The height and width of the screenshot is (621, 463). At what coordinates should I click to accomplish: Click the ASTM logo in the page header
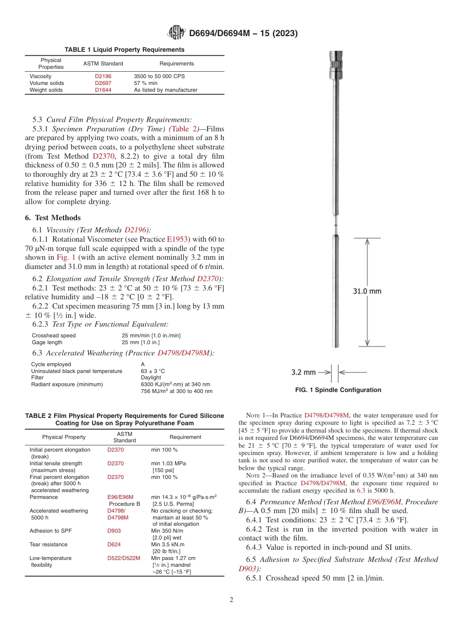tap(176, 33)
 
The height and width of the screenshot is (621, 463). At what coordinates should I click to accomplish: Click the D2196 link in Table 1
tap(103, 76)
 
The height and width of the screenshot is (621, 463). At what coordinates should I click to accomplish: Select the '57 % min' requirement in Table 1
tap(146, 83)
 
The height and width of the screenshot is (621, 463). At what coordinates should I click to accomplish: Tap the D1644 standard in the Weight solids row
tap(103, 90)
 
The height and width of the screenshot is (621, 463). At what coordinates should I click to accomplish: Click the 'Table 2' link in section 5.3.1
tap(185, 129)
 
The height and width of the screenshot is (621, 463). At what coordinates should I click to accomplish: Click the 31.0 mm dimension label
tap(367, 291)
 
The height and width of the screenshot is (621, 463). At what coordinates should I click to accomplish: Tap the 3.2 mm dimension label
tap(303, 372)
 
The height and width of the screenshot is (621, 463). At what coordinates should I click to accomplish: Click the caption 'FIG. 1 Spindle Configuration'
tap(338, 390)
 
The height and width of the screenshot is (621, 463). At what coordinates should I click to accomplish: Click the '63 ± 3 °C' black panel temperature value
tap(153, 371)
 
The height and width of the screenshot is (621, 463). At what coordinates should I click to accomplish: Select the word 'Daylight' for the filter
tap(151, 377)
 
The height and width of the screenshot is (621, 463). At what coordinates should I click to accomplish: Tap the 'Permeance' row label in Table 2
tap(44, 497)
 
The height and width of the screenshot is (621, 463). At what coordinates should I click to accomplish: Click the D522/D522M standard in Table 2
tap(124, 558)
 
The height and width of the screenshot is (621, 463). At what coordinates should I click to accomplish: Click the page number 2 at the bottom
tap(231, 600)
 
